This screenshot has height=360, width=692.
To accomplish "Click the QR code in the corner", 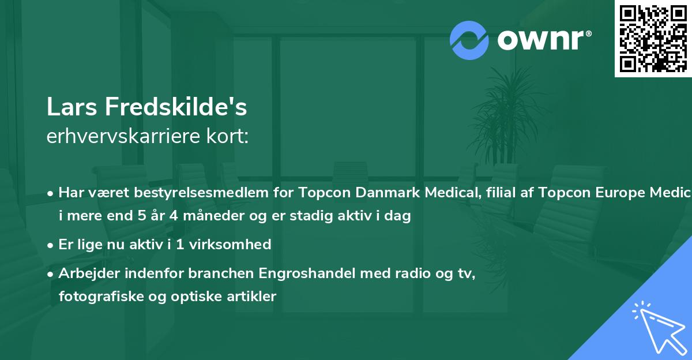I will [653, 38].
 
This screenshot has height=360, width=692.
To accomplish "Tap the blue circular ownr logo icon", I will [469, 40].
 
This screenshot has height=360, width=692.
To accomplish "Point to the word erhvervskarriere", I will [125, 136].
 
